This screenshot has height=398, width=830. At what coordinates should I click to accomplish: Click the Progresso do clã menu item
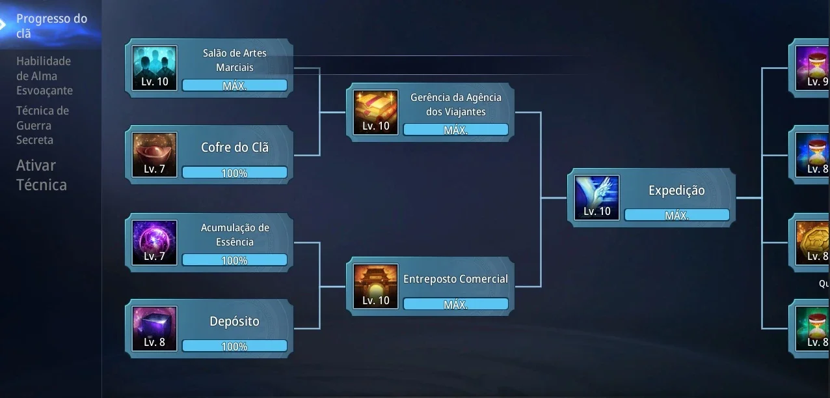tap(51, 26)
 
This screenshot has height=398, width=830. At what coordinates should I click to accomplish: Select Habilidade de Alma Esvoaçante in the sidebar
tap(44, 76)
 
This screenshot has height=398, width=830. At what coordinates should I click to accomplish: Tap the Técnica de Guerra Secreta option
tap(42, 125)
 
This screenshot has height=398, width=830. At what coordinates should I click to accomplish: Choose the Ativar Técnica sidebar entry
tap(41, 175)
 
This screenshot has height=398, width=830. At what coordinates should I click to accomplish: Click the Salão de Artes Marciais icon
tap(155, 68)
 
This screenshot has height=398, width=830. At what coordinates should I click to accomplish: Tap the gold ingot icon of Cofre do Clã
tap(155, 154)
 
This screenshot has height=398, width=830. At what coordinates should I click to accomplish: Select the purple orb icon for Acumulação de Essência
tap(155, 242)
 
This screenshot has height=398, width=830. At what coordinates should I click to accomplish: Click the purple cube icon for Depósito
tap(155, 328)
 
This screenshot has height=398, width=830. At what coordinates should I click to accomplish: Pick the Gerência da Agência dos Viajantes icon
tap(376, 112)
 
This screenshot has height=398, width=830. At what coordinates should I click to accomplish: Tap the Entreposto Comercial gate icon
tap(376, 287)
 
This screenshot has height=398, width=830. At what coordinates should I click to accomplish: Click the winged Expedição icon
tap(596, 197)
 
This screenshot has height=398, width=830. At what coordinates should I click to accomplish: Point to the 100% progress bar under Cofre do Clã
tap(235, 173)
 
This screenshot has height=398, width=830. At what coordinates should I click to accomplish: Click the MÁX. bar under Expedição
tap(676, 215)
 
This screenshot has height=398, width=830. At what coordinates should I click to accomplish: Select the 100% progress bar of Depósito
tap(235, 346)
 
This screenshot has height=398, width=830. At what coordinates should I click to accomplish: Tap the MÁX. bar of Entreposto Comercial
tap(455, 304)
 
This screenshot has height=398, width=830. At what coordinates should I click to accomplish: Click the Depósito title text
tap(235, 321)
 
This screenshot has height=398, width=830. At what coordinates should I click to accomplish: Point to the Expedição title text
tap(676, 190)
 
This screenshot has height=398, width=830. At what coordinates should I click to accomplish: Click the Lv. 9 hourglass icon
tap(812, 68)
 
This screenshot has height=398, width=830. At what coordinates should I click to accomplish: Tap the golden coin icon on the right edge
tap(812, 242)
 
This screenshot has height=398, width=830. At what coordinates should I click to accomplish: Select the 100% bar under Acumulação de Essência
tap(235, 260)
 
